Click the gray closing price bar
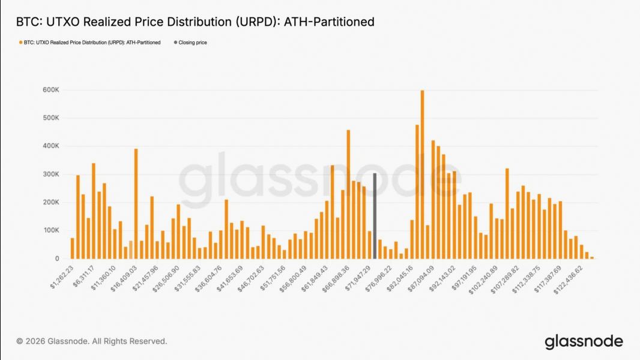[374, 216]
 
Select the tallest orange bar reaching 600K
[422, 174]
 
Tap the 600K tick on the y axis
[51, 90]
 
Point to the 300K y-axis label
[51, 174]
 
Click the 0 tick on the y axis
[56, 259]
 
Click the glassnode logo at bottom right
[584, 342]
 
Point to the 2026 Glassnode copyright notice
[92, 341]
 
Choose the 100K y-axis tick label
[51, 230]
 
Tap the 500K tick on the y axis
[51, 118]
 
